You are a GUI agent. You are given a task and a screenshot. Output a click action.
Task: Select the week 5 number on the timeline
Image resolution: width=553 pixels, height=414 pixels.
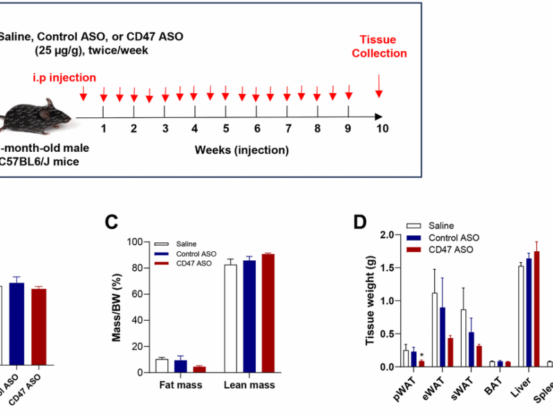point(225,129)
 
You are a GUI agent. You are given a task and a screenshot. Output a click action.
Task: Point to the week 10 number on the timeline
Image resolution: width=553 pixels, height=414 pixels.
point(381,129)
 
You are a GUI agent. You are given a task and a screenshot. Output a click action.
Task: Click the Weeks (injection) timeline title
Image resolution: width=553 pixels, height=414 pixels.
point(241,150)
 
